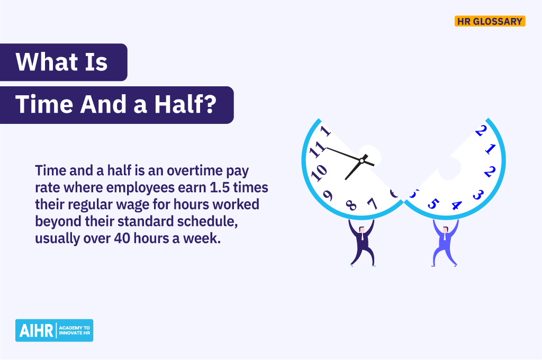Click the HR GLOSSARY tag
(x=490, y=21)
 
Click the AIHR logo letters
(x=35, y=330)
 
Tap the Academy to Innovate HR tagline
(x=75, y=330)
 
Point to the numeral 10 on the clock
(x=318, y=172)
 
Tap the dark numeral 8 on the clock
(x=350, y=205)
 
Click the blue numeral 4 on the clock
(x=456, y=205)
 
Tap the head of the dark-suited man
(x=362, y=229)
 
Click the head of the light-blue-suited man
(x=445, y=229)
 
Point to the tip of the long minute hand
(x=327, y=148)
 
